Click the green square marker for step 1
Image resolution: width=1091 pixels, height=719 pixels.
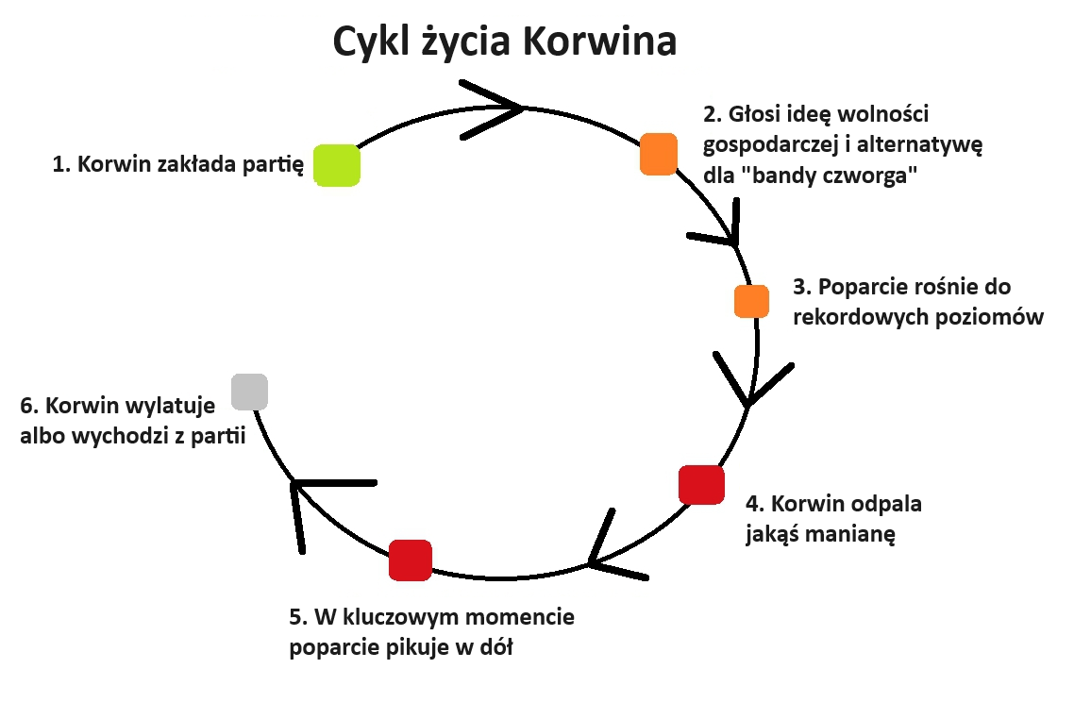(x=337, y=165)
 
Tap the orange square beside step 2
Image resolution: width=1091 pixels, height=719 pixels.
(x=659, y=154)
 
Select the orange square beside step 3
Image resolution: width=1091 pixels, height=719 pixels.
(x=751, y=301)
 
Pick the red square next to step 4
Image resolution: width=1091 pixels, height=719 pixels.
(x=701, y=485)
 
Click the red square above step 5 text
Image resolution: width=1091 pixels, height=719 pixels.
(x=411, y=560)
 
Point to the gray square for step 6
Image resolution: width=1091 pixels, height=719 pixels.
(x=249, y=392)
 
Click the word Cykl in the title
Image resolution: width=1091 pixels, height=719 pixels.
(x=372, y=42)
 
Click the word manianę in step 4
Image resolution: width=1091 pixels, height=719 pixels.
(x=850, y=534)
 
